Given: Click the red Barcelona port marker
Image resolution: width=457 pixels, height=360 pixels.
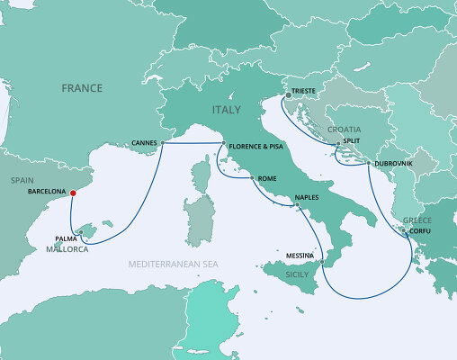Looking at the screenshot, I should coord(73,192).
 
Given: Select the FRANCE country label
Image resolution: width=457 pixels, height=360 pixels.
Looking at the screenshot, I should coord(82,87).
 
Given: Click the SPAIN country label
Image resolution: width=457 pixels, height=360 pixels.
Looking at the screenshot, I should coord(22,180).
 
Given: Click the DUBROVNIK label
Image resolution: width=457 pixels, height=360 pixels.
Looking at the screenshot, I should coord(393,163).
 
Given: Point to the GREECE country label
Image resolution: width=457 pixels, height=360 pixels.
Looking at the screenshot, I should coord(417,220).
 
